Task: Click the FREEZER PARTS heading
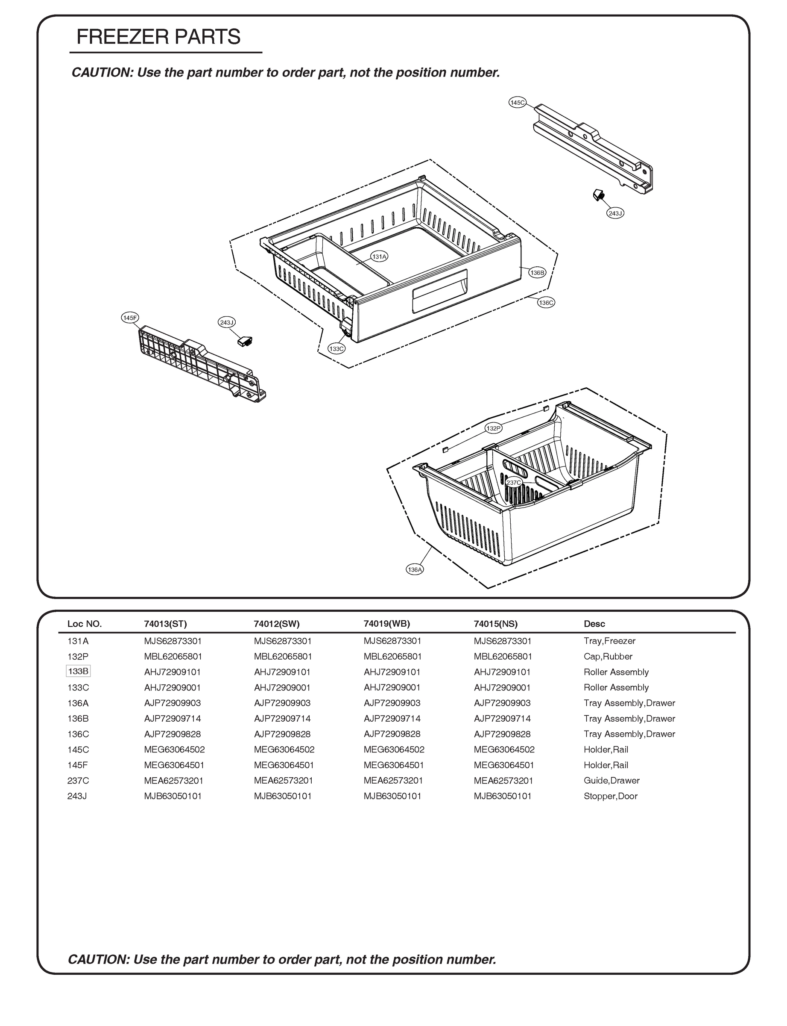pyautogui.click(x=158, y=37)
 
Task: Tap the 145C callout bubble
pyautogui.click(x=517, y=102)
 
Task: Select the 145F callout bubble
pyautogui.click(x=130, y=318)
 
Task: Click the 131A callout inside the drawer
pyautogui.click(x=379, y=256)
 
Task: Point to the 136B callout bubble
pyautogui.click(x=537, y=272)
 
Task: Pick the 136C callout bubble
pyautogui.click(x=546, y=303)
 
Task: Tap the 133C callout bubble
pyautogui.click(x=336, y=349)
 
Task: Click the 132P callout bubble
pyautogui.click(x=493, y=428)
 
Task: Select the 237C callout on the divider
pyautogui.click(x=514, y=483)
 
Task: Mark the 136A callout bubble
pyautogui.click(x=415, y=570)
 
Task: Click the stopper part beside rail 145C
pyautogui.click(x=598, y=194)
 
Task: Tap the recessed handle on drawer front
pyautogui.click(x=439, y=291)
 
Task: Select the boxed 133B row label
pyautogui.click(x=78, y=672)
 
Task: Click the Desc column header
pyautogui.click(x=594, y=624)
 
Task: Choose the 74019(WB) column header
pyautogui.click(x=386, y=624)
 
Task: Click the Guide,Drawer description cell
pyautogui.click(x=611, y=780)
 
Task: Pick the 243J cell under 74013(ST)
pyautogui.click(x=173, y=796)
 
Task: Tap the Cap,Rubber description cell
pyautogui.click(x=608, y=657)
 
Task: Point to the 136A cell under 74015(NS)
pyautogui.click(x=502, y=703)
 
